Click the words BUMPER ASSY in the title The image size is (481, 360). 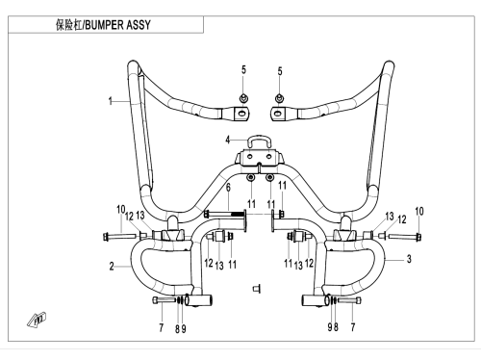(117, 25)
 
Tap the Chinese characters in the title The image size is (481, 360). (69, 25)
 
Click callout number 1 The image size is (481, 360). (111, 101)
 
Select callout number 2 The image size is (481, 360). (112, 267)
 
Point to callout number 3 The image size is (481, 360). (409, 259)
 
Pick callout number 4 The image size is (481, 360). (228, 140)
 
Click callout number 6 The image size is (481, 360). (228, 188)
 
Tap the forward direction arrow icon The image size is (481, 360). (37, 320)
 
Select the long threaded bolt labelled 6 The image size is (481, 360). (225, 214)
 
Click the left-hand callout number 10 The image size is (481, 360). (120, 210)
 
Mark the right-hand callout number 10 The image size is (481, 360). (419, 212)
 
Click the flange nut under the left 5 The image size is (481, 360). (243, 98)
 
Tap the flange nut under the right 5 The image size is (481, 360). (280, 98)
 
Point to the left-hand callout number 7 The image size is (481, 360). (162, 327)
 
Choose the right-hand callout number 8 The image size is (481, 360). (336, 327)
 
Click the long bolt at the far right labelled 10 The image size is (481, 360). (405, 237)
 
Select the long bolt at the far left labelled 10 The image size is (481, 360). (119, 237)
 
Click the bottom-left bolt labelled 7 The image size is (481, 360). (164, 300)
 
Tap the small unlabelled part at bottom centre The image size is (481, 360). (257, 289)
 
